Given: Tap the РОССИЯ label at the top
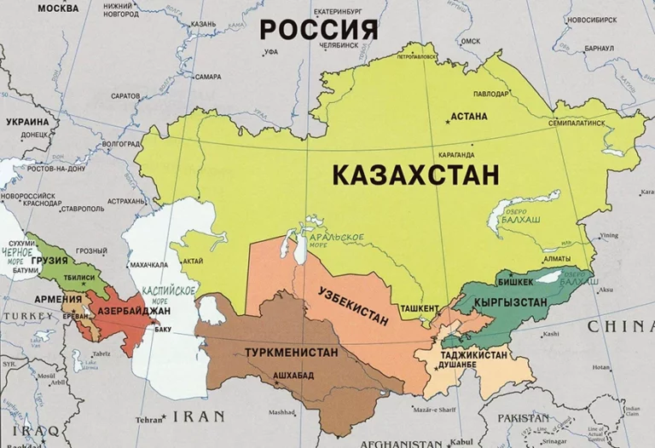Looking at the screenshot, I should pos(318,30).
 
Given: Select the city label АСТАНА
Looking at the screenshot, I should pos(470,116).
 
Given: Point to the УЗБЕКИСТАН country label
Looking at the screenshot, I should pos(352,306).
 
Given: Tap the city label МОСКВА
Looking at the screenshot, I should pos(21,9).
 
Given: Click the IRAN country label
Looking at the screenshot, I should pos(199,416).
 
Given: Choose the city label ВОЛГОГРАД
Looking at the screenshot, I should pos(121,144).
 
